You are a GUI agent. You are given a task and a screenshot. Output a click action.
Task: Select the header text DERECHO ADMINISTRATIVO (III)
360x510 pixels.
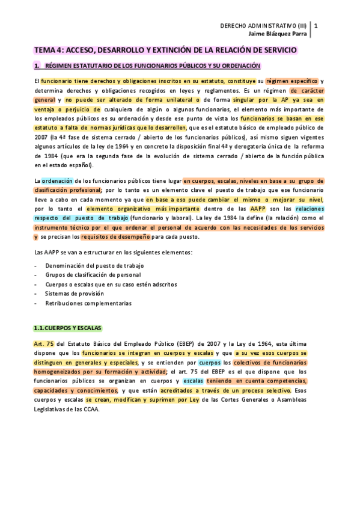[x=263, y=26]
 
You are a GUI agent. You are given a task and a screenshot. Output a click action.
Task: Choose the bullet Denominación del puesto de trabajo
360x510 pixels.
[x=94, y=265]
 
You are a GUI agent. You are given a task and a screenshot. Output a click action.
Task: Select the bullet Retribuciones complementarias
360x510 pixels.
[x=88, y=303]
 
